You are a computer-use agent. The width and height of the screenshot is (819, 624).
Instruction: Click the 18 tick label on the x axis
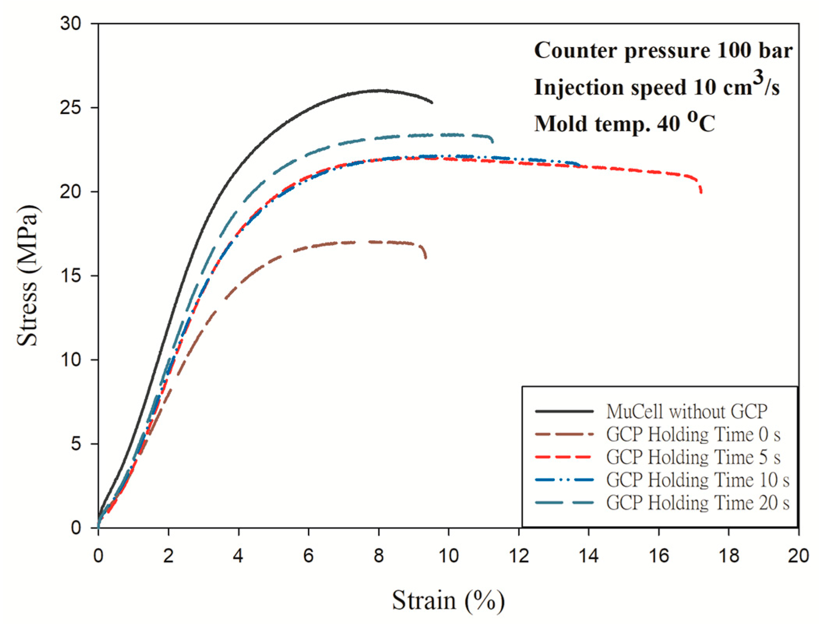tap(728, 556)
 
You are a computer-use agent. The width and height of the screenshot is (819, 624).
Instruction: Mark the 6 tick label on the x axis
tap(308, 556)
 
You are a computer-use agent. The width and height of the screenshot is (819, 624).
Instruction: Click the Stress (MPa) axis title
tap(28, 275)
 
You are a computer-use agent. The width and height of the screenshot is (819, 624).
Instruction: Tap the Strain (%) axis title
tap(448, 600)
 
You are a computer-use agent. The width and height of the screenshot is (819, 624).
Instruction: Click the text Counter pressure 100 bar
tap(663, 51)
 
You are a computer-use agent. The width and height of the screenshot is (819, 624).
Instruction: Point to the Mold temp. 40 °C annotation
tap(624, 123)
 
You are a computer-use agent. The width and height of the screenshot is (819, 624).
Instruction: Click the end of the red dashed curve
tap(701, 192)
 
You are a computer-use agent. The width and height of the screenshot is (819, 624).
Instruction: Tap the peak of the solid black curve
tap(380, 90)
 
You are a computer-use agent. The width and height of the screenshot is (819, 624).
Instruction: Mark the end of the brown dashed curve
tap(425, 257)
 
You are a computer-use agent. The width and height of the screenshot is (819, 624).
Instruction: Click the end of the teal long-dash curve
tap(493, 142)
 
